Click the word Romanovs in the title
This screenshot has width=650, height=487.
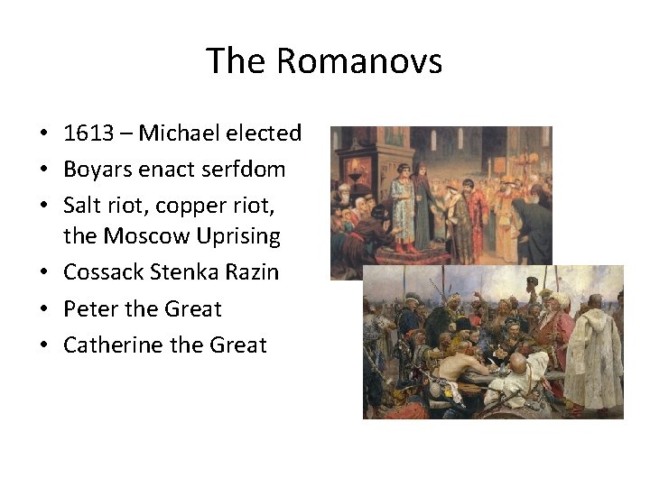[x=358, y=61]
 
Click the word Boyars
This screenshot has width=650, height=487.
[x=96, y=170]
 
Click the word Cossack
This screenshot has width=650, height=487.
[x=103, y=272]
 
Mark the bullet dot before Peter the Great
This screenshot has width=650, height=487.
[x=44, y=309]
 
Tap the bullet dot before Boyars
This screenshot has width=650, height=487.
[x=44, y=170]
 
